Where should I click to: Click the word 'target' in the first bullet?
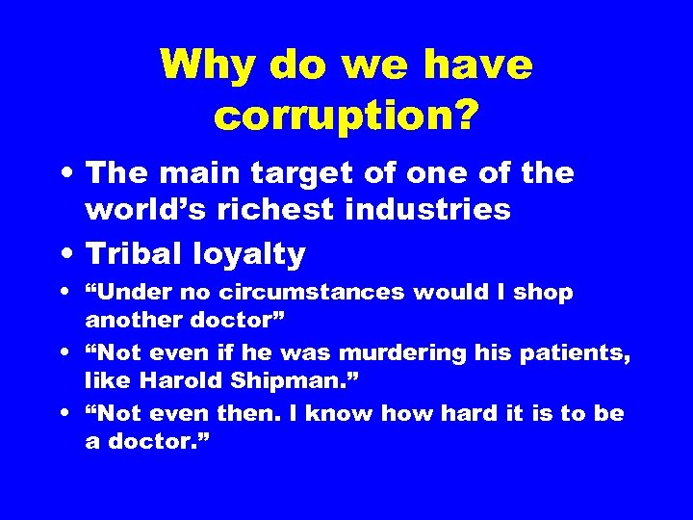[295, 176]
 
